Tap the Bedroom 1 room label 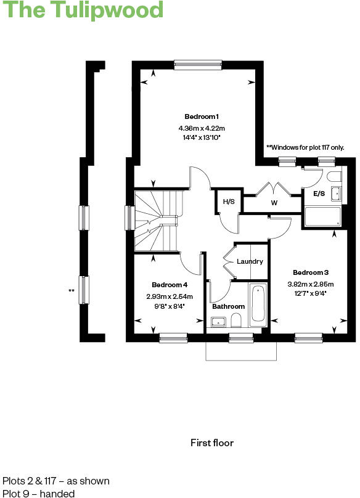point(202,116)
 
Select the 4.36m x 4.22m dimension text point(202,128)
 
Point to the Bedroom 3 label point(311,272)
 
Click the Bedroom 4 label point(170,285)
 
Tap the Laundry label point(250,261)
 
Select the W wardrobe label point(274,202)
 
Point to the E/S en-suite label point(319,194)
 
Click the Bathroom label point(228,306)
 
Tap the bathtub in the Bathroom point(258,304)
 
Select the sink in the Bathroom point(218,321)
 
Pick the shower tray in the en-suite point(323,216)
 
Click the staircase point(157,221)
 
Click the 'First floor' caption point(212,443)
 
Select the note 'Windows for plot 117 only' point(305,147)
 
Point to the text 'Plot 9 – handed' point(38,493)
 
